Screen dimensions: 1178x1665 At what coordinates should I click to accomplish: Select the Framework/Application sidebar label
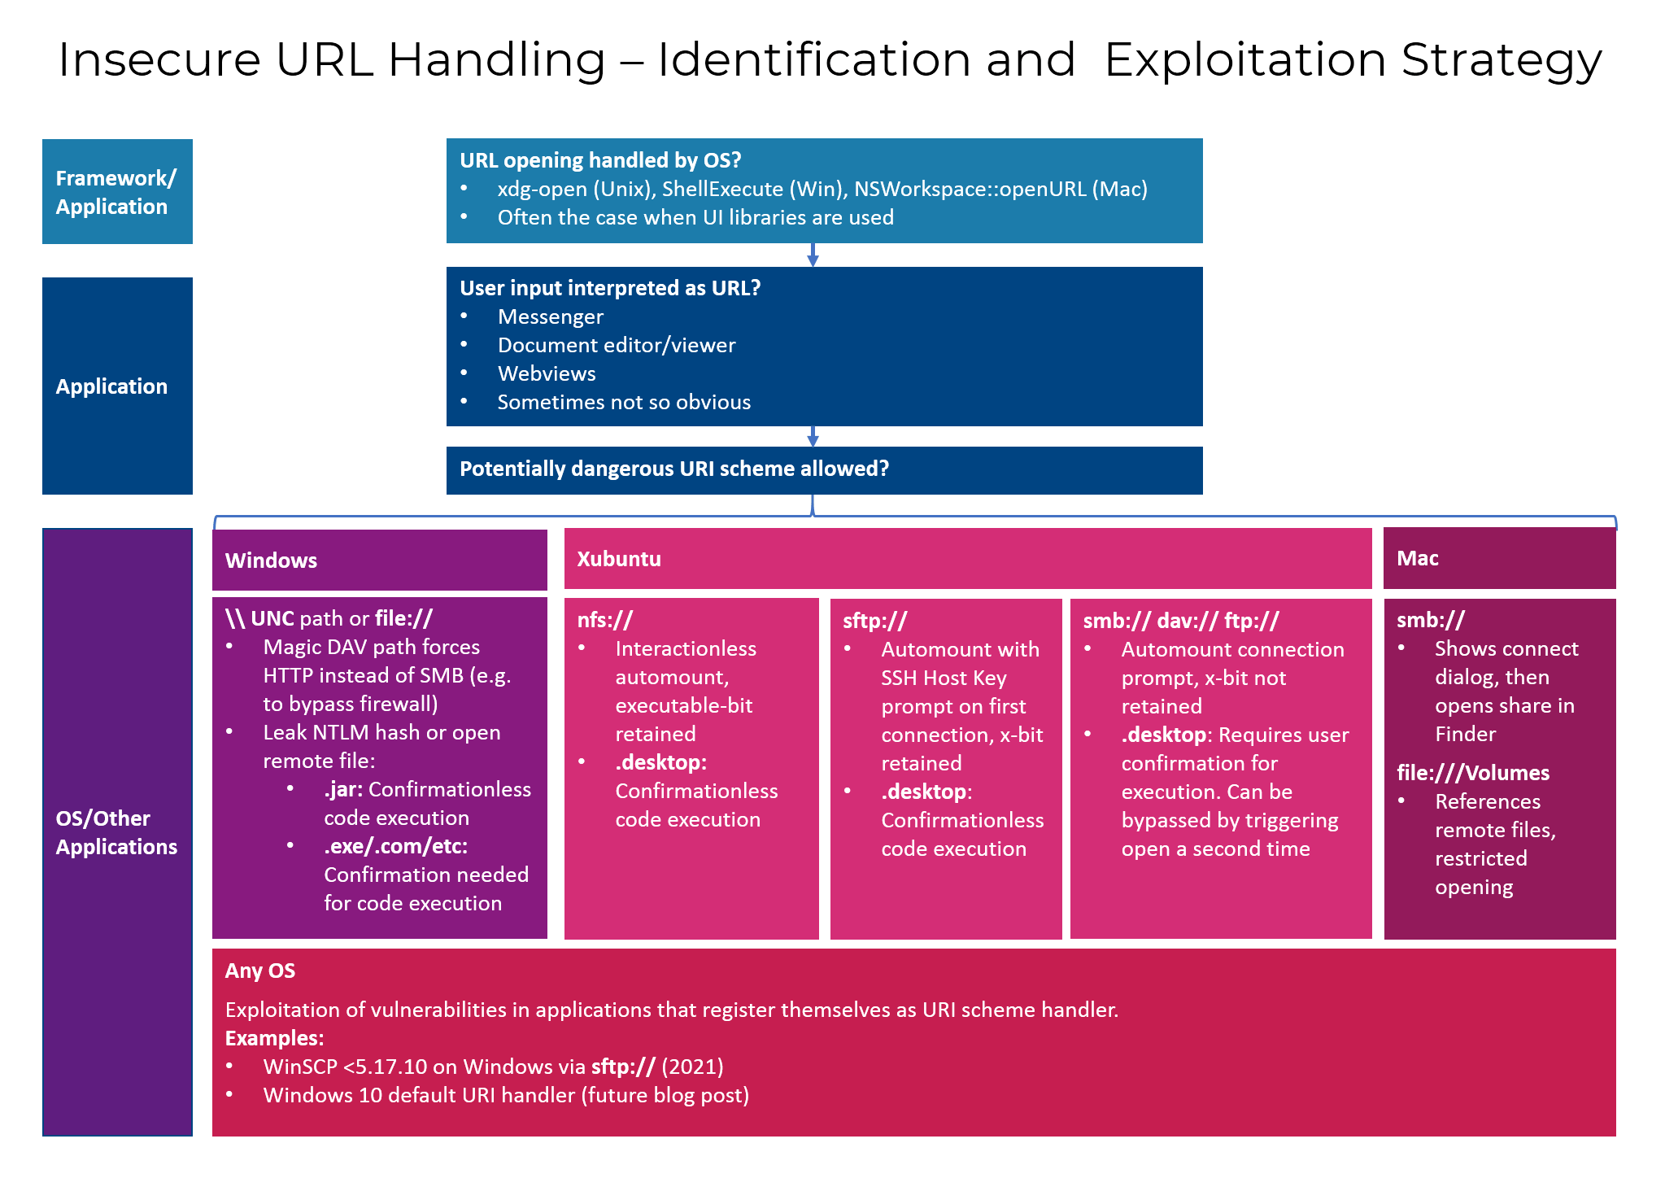[116, 192]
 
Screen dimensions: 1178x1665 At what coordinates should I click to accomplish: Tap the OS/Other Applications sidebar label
[116, 832]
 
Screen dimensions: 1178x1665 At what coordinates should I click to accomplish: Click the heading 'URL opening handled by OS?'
[600, 160]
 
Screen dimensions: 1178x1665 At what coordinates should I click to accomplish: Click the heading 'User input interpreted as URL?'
[610, 288]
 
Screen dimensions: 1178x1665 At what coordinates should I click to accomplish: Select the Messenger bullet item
[550, 316]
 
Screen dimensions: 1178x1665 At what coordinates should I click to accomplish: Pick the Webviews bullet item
[547, 373]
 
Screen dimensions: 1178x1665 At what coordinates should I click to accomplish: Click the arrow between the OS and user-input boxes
[813, 255]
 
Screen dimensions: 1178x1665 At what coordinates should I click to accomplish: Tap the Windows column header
[272, 561]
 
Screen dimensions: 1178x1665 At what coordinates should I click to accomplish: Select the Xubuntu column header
[619, 559]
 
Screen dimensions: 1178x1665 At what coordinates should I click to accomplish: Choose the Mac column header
[1418, 558]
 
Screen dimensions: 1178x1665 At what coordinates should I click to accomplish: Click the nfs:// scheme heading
[604, 620]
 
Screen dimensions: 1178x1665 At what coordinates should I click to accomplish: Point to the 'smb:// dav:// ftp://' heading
[1180, 621]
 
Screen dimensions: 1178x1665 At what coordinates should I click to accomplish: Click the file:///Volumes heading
[1473, 773]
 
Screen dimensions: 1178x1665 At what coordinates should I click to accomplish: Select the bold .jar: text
[343, 789]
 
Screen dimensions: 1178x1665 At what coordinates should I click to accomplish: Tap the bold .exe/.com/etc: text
[396, 846]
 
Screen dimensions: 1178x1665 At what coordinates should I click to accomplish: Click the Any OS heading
[260, 971]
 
